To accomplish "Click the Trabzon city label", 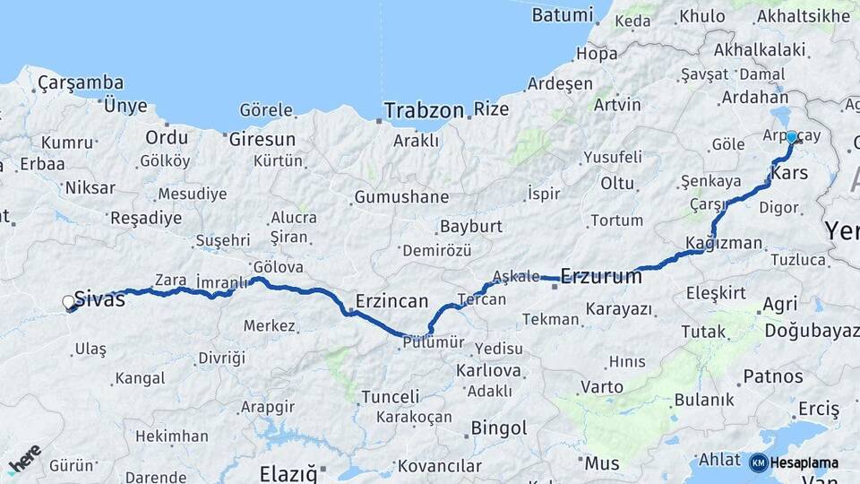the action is pyautogui.click(x=424, y=111).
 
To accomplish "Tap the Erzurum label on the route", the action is pyautogui.click(x=601, y=276).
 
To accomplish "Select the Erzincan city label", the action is pyautogui.click(x=391, y=301).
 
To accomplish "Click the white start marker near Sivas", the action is pyautogui.click(x=69, y=303).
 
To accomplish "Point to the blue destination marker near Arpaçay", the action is pyautogui.click(x=791, y=137).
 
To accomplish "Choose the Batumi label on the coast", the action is pyautogui.click(x=562, y=15).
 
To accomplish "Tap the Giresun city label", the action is pyautogui.click(x=262, y=140).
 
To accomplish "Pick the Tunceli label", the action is pyautogui.click(x=390, y=396).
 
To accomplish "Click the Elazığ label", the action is pyautogui.click(x=288, y=472).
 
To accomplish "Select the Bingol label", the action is pyautogui.click(x=498, y=428).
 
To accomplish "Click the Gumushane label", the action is pyautogui.click(x=400, y=197).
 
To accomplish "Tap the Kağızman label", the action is pyautogui.click(x=723, y=243).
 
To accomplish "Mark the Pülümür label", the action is pyautogui.click(x=433, y=342).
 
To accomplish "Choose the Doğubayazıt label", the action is pyautogui.click(x=811, y=331).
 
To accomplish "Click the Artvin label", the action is pyautogui.click(x=617, y=104).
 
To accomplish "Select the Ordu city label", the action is pyautogui.click(x=167, y=138).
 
